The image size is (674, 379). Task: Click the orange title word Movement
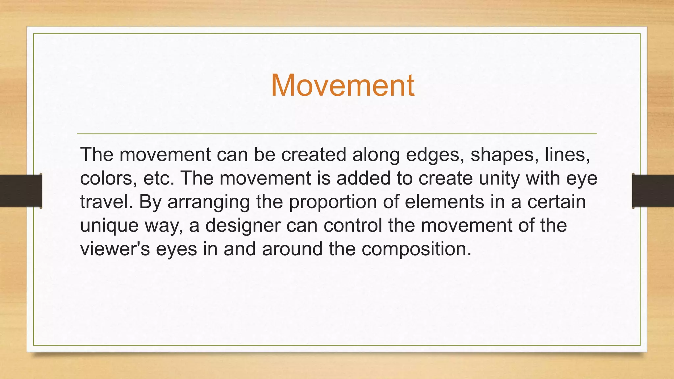342,86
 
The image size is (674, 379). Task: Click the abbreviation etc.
159,178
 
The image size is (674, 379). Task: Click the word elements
444,202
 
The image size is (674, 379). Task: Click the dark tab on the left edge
20,191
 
